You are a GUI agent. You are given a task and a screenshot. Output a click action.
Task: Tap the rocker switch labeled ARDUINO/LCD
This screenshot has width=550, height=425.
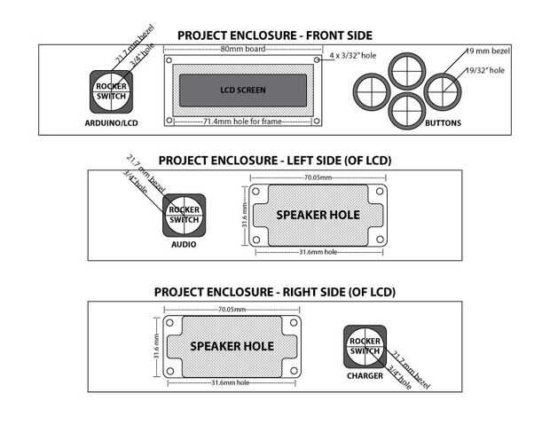[x=111, y=91]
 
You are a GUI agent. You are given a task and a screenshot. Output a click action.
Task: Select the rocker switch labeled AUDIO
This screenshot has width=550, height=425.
[x=184, y=215]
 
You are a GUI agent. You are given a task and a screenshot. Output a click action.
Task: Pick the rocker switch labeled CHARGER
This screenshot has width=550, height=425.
[x=365, y=347]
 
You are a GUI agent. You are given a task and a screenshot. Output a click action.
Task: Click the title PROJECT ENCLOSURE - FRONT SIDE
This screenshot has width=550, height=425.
[x=274, y=35]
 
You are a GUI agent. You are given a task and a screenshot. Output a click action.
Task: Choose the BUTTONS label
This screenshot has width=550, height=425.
[x=443, y=123]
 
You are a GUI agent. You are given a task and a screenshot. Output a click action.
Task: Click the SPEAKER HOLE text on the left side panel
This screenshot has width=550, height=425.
[x=318, y=215]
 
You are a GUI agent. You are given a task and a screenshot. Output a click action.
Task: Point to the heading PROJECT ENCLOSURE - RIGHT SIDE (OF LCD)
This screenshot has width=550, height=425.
[x=274, y=292]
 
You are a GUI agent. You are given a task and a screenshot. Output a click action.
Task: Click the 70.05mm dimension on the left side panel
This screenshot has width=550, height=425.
[x=317, y=178]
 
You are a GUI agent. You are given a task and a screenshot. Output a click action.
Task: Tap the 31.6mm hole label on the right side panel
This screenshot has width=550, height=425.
[x=231, y=382]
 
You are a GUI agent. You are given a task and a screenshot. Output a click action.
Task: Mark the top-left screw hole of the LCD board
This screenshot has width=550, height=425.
[x=169, y=60]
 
